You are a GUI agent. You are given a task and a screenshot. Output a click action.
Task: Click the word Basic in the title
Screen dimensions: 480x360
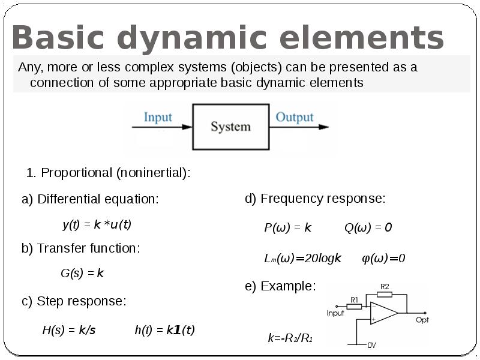point(58,37)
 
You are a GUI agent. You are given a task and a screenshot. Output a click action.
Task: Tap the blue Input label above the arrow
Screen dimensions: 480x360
point(158,117)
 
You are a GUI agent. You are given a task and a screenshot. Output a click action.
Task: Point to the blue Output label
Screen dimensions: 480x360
point(295,117)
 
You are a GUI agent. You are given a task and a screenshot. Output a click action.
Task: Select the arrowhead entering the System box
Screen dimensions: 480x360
point(187,127)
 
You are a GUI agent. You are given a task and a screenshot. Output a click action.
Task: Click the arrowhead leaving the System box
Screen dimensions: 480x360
point(323,127)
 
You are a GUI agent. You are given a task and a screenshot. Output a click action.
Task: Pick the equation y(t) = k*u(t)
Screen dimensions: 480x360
point(97,224)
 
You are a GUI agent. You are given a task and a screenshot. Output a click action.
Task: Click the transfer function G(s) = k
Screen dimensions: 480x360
point(82,273)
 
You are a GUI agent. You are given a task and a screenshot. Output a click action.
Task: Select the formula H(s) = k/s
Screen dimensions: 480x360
point(69,330)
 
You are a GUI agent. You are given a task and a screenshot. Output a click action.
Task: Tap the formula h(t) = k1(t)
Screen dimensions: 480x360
point(164,330)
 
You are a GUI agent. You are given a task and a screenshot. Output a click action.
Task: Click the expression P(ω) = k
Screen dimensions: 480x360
point(288,227)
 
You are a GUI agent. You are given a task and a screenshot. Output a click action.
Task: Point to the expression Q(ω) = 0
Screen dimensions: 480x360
point(368,227)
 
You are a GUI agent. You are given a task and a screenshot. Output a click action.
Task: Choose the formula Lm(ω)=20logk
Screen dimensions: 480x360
point(302,259)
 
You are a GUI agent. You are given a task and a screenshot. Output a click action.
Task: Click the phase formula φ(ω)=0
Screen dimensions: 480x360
point(383,259)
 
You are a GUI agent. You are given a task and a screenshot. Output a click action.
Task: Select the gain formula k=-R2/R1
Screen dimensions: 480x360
point(290,338)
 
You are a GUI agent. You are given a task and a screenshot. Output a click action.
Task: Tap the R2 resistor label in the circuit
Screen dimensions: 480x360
point(385,287)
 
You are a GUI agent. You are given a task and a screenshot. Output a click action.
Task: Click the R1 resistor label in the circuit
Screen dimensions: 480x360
point(354,299)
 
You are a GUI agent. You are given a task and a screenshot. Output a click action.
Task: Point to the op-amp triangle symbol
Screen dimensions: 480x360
point(384,313)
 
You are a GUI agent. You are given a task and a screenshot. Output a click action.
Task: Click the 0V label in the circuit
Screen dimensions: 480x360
point(371,346)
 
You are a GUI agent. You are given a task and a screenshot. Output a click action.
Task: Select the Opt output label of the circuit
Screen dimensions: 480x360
point(422,320)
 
